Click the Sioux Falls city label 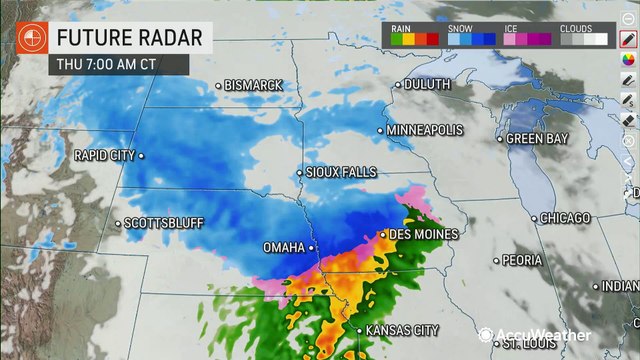click(x=343, y=172)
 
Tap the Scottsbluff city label click(x=159, y=223)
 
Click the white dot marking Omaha click(x=311, y=246)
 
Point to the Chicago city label click(x=567, y=217)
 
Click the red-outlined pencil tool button click(x=628, y=40)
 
